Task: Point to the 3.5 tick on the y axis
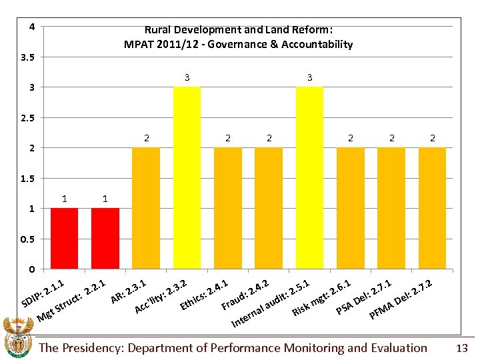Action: (x=28, y=57)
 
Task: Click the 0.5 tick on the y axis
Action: (x=28, y=239)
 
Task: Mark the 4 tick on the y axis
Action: (x=31, y=27)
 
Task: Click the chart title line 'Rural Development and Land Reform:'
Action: (x=238, y=30)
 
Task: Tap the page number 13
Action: (x=461, y=348)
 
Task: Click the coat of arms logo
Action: (x=18, y=337)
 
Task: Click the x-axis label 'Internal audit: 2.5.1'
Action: (x=269, y=304)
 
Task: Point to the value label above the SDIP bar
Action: (x=64, y=199)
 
